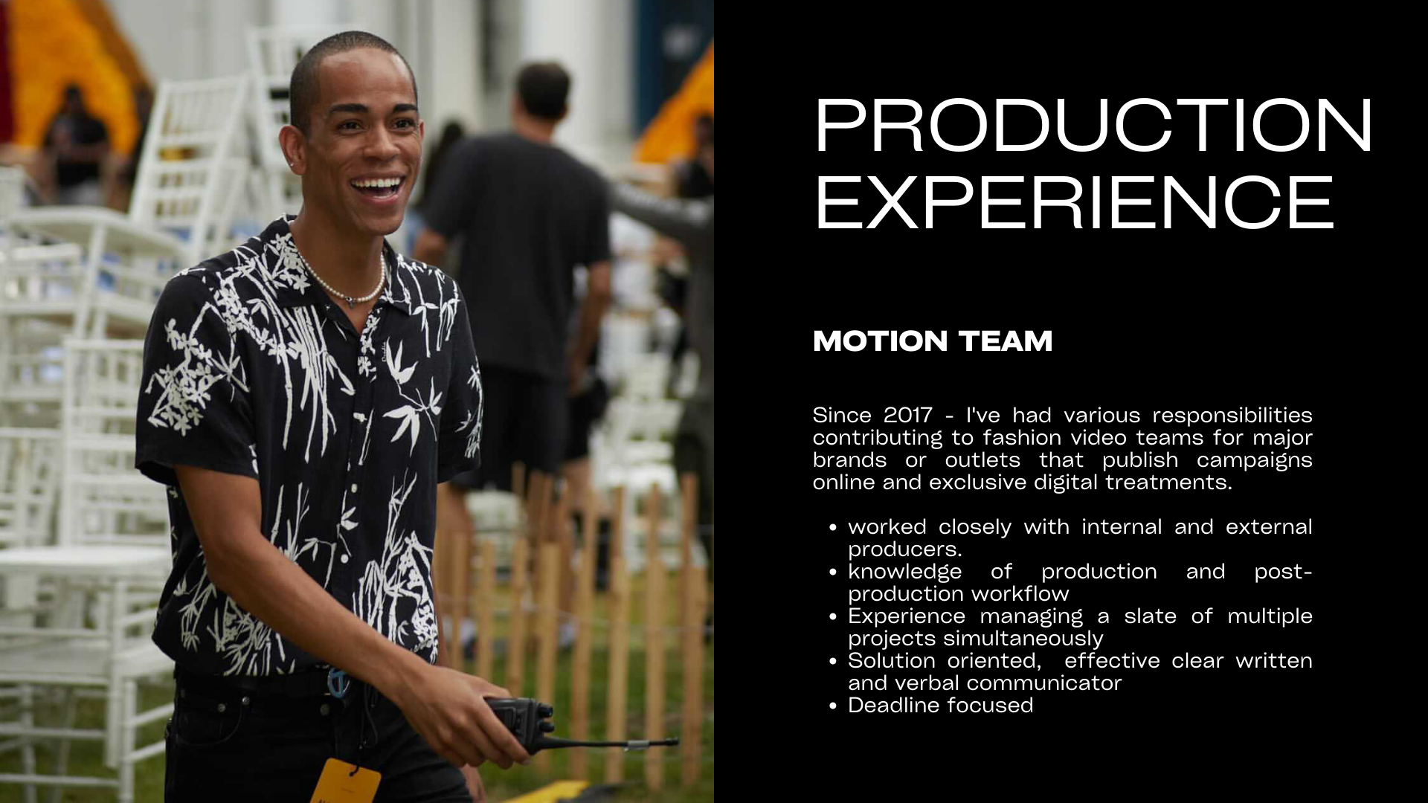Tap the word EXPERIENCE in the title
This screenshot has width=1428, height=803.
[1075, 203]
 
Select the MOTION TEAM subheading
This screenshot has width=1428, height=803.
[933, 341]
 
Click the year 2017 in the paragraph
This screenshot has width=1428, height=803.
[908, 415]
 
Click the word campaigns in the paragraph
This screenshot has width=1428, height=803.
[1254, 461]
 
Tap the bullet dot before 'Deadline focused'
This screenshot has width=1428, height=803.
[833, 706]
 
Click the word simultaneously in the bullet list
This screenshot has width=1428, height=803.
[1023, 639]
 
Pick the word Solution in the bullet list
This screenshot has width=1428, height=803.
[892, 660]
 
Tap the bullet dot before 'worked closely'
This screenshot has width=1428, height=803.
[833, 527]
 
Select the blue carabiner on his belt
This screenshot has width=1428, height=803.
[338, 683]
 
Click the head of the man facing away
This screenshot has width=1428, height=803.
[543, 91]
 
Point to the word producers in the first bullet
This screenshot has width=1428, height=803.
[905, 550]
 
